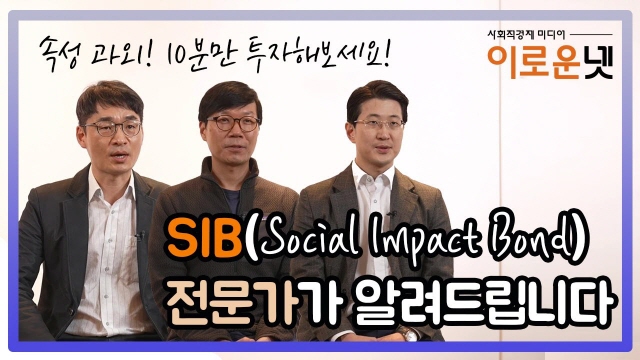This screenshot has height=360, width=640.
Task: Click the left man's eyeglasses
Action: (112, 128)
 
